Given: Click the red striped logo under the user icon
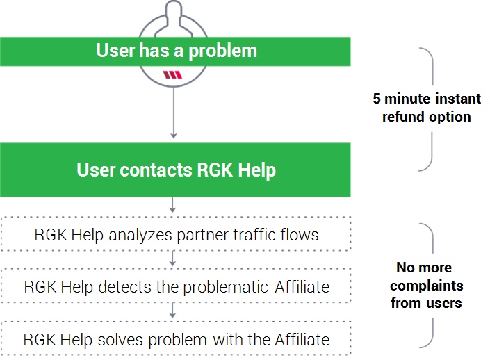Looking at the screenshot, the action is click(172, 74).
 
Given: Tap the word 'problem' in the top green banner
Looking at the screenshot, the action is click(223, 51).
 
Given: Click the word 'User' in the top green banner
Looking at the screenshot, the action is click(115, 50).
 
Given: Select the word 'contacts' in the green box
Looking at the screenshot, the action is click(156, 170).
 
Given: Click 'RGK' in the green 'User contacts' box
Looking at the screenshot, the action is click(215, 170).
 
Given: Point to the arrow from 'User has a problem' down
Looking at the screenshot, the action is click(174, 113).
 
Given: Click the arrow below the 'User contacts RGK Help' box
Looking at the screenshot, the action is click(172, 205).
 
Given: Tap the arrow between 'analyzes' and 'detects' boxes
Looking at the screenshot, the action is click(172, 259).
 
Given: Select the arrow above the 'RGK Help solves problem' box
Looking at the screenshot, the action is click(172, 311).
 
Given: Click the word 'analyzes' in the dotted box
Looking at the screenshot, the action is click(140, 236).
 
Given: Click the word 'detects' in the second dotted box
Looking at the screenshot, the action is click(124, 287).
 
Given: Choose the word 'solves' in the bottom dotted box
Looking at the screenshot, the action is click(120, 340).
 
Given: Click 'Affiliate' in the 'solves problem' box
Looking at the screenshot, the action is click(302, 339).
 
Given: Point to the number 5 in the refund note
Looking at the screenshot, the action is click(377, 99).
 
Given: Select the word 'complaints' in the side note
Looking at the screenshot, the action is click(427, 286).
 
